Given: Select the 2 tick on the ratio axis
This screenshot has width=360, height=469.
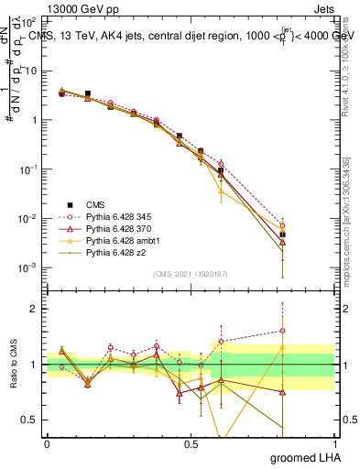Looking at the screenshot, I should (34, 309).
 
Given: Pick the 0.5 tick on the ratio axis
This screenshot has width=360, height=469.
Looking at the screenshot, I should (30, 420).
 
